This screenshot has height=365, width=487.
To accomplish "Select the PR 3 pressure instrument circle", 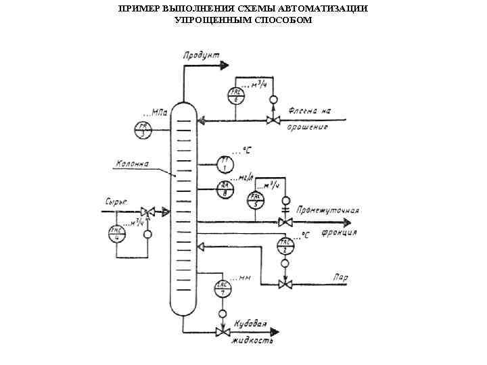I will click(143, 130).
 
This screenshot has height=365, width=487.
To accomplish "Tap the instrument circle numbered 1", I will click(225, 163).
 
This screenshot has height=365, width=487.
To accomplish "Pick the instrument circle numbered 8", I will click(225, 189).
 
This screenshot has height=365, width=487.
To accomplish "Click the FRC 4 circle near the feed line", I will click(117, 233).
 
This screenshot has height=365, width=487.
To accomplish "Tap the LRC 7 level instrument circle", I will click(223, 289).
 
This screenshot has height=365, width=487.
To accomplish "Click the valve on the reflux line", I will click(273, 121).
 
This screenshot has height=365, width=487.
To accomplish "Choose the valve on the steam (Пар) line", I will click(285, 285).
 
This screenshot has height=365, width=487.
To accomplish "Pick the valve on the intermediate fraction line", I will click(285, 222).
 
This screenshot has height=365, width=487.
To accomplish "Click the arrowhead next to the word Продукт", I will click(225, 66).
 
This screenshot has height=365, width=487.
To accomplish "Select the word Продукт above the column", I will click(200, 55).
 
